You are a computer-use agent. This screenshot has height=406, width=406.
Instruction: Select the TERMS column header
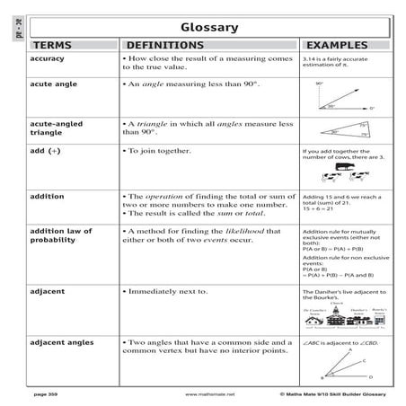coord(55,44)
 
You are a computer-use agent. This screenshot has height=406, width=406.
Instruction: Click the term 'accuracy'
coord(48,57)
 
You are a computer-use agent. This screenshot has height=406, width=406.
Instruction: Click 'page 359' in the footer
coord(47,393)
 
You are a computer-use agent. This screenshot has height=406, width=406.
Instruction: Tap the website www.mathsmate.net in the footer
coord(209,393)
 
